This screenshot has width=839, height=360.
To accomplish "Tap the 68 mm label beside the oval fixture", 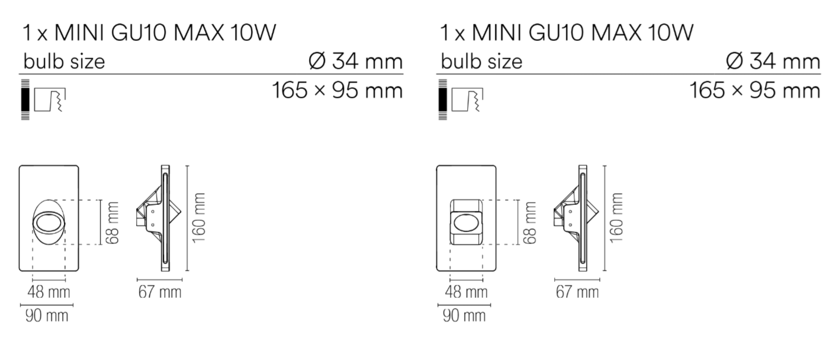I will tap(113, 222).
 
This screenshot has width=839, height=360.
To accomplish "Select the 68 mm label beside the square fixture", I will tap(531, 222).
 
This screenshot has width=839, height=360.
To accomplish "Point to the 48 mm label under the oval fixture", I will tap(49, 292).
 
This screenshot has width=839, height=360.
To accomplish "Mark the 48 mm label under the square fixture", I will tap(467, 292).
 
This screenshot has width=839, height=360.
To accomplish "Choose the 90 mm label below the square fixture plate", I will tap(464, 315).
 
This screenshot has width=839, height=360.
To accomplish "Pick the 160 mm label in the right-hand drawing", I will tap(617, 217).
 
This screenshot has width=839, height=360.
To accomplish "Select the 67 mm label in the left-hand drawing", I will tap(160, 292).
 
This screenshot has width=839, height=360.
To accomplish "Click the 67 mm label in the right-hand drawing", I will tap(577, 292).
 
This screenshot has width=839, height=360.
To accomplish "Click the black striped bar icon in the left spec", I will tap(25, 99).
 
